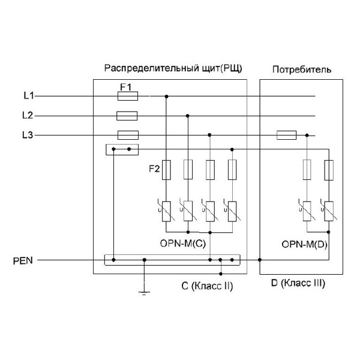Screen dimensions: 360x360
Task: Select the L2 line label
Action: coord(28,115)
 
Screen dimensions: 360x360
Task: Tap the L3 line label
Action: coord(28,135)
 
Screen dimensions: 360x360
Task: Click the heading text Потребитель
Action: coord(302,70)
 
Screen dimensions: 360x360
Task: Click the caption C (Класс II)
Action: coord(207,286)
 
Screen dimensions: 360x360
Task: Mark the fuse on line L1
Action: coord(127,96)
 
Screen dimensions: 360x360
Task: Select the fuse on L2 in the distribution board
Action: coord(127,115)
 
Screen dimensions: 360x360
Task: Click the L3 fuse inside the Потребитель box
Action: coord(286,135)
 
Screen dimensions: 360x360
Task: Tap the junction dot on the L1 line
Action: coord(166,96)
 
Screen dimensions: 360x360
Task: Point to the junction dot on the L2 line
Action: coord(188,115)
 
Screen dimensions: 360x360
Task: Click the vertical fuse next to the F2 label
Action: coord(167,170)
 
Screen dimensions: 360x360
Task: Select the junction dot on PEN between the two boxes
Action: coord(259,260)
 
